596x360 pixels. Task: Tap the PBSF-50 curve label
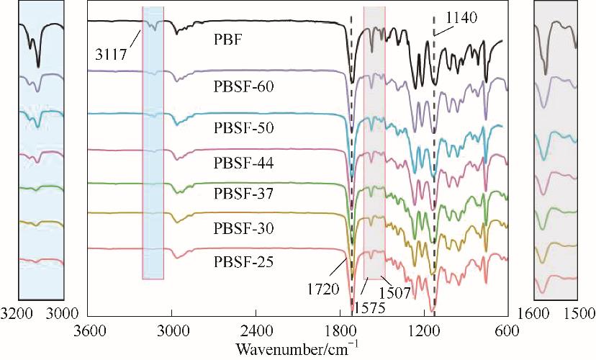(245, 128)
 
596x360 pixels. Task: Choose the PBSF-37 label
(245, 194)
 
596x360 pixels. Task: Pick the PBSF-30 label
(245, 228)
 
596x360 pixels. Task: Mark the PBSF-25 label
(245, 258)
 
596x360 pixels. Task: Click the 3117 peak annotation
(110, 53)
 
